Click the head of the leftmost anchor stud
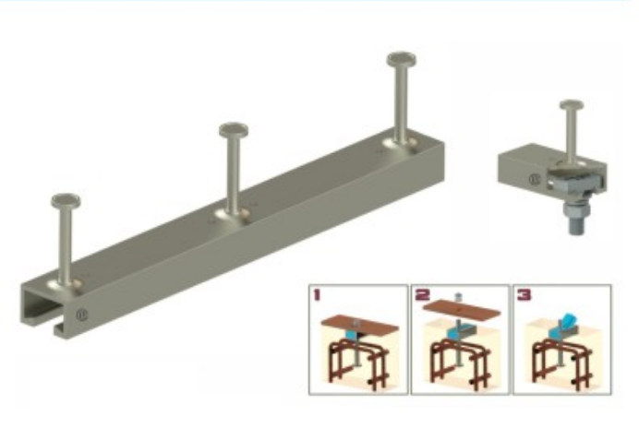tap(66, 201)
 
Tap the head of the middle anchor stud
tap(234, 130)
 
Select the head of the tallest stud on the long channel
tap(402, 59)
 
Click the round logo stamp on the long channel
tap(82, 315)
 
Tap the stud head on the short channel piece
tap(572, 105)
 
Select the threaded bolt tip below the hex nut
tap(577, 227)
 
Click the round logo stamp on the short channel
tap(535, 179)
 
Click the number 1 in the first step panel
tap(317, 294)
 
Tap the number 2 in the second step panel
tap(422, 294)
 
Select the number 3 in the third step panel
tap(524, 294)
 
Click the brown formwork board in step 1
tap(360, 324)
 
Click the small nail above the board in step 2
tap(459, 297)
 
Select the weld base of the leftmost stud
tap(66, 285)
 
